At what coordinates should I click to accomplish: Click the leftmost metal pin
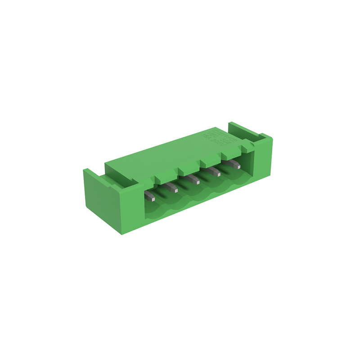pyautogui.click(x=150, y=196)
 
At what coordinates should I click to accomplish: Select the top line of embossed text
pyautogui.click(x=217, y=132)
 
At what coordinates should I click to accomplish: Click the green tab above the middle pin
pyautogui.click(x=185, y=171)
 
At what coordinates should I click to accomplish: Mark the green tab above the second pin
pyautogui.click(x=163, y=179)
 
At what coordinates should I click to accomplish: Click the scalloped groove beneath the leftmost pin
pyautogui.click(x=155, y=208)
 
